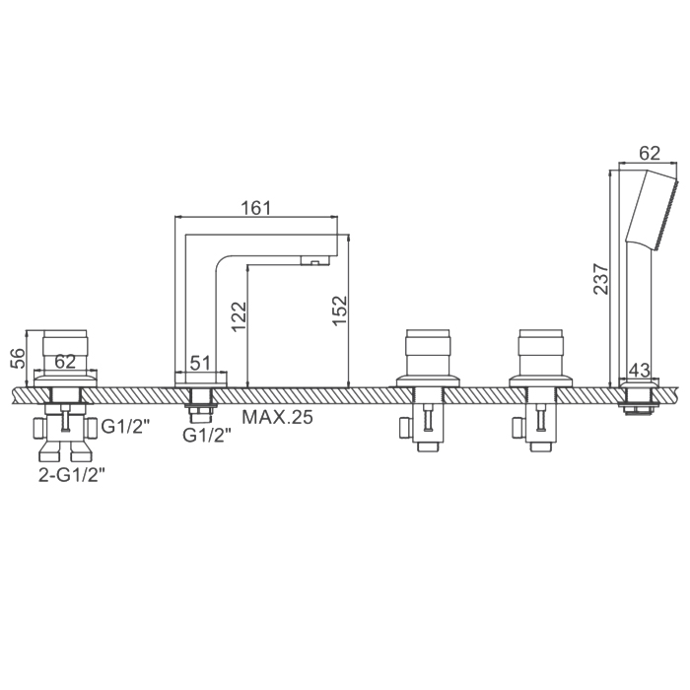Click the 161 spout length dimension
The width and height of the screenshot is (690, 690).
tap(256, 208)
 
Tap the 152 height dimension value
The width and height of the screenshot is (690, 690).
tap(340, 310)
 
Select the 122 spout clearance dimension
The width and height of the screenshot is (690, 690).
tap(239, 316)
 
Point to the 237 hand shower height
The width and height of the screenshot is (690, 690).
tap(600, 279)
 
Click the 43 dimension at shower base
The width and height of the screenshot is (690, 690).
tap(640, 370)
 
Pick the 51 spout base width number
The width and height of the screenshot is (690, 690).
tap(200, 363)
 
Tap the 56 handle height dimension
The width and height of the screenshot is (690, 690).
tap(18, 358)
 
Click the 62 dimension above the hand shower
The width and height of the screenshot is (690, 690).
tap(650, 153)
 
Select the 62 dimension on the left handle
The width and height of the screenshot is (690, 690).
tap(65, 362)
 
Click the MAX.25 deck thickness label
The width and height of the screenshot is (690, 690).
tap(277, 417)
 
